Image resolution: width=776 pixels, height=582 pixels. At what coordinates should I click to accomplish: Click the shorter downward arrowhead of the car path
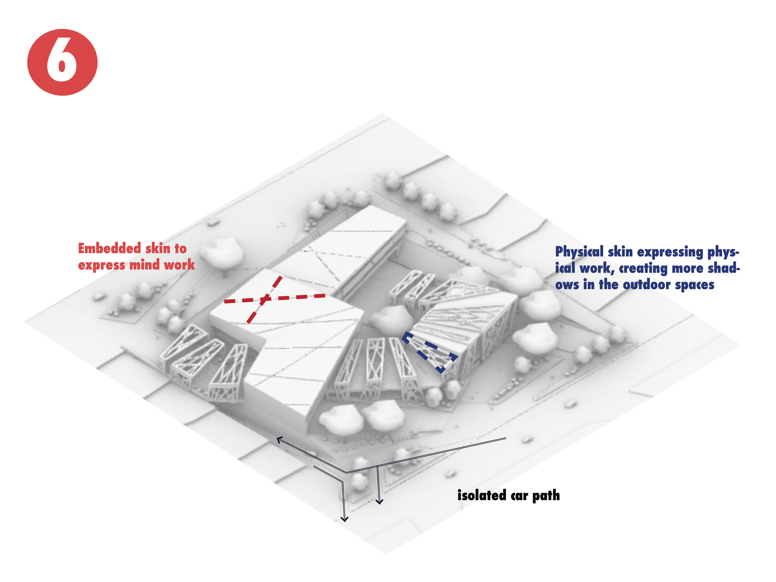[x=379, y=501]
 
